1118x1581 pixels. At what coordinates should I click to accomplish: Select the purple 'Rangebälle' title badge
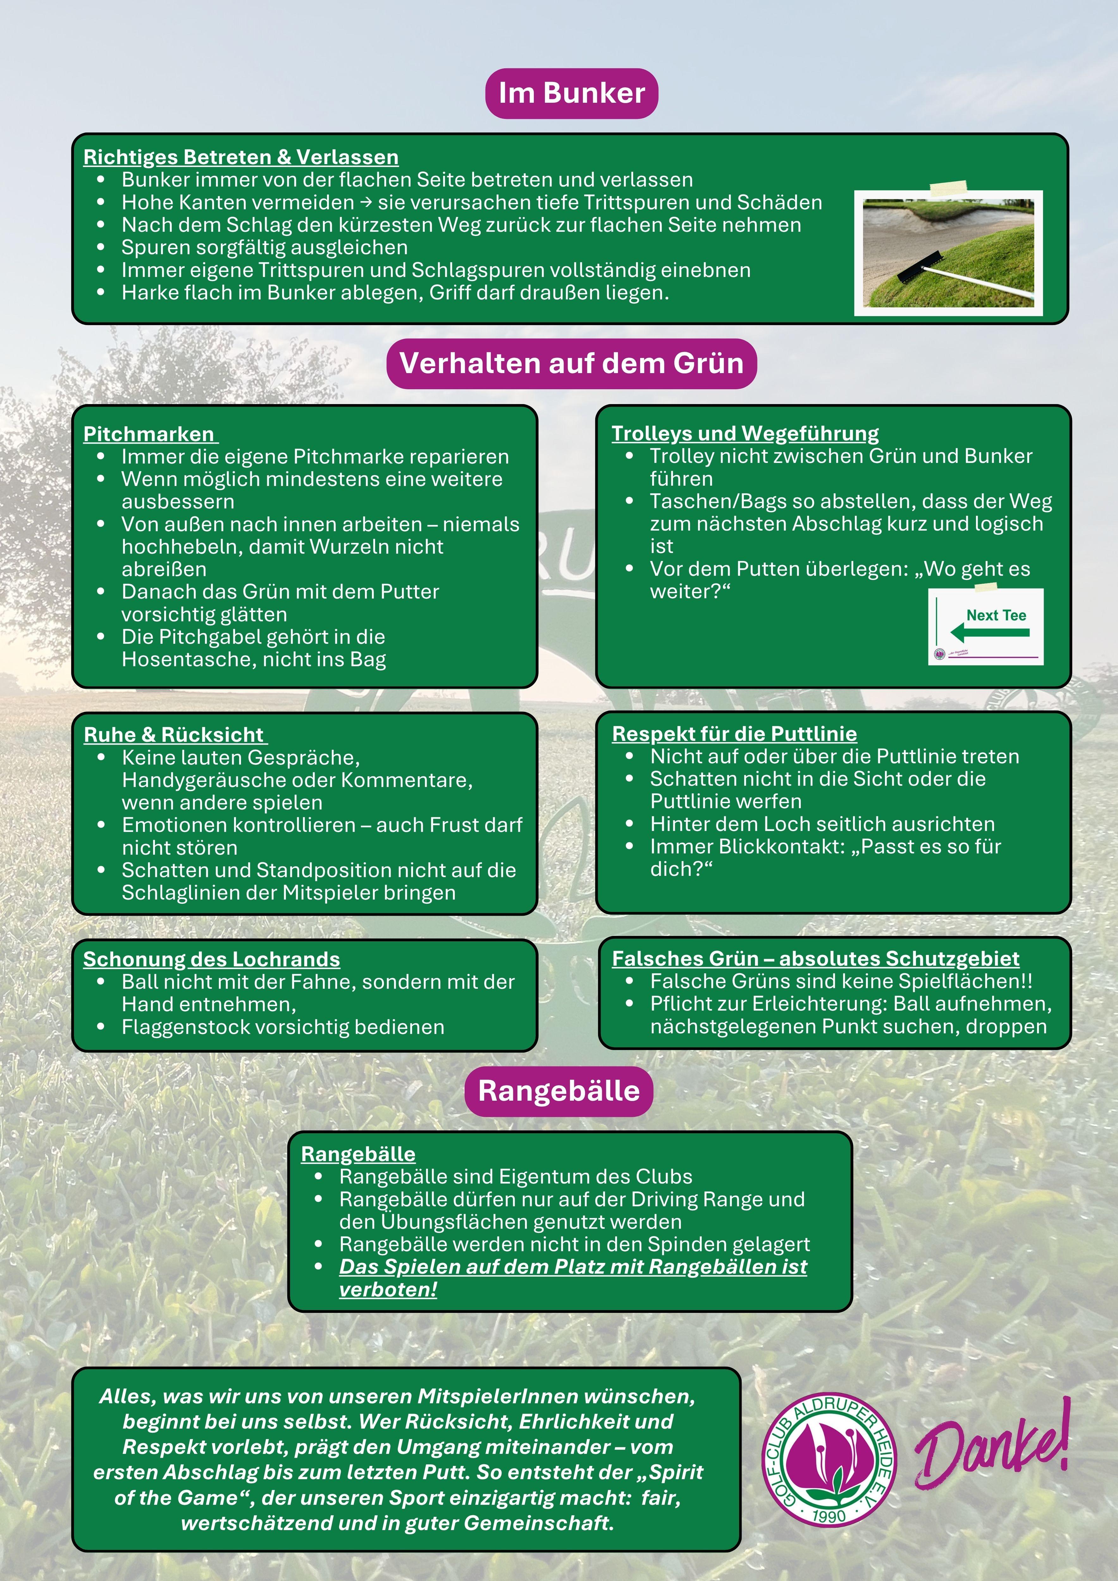(x=559, y=1091)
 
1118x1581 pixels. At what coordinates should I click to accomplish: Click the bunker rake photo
(x=948, y=253)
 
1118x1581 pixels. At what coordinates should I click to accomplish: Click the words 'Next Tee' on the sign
(x=996, y=615)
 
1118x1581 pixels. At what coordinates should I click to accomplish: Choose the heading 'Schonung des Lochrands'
(x=212, y=959)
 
